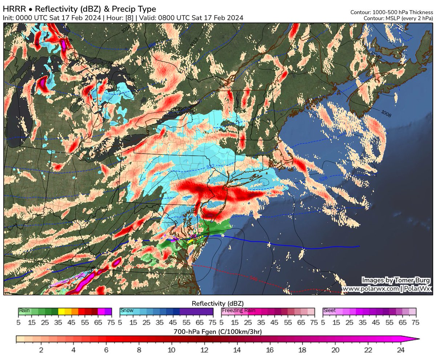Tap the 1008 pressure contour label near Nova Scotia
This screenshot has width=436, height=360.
(x=386, y=113)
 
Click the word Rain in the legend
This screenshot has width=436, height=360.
(x=24, y=311)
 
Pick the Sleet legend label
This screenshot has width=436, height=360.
(x=330, y=311)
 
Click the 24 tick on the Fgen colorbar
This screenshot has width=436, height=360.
(x=401, y=350)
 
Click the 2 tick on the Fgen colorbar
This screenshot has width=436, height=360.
(x=41, y=350)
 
